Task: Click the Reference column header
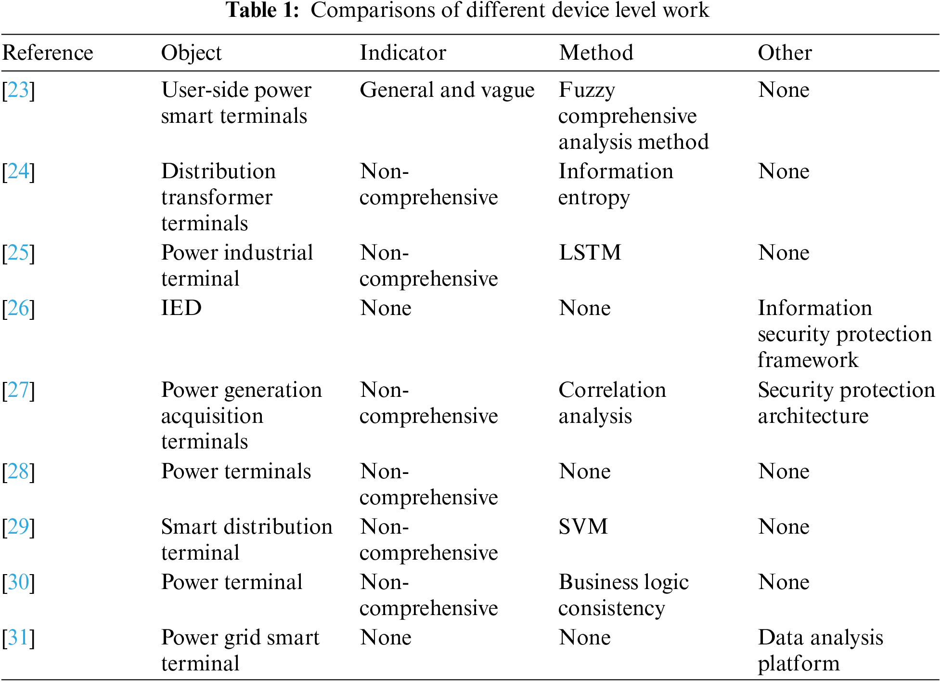[x=48, y=52]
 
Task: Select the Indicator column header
[x=403, y=52]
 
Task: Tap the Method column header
[x=596, y=52]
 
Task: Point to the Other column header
[x=785, y=52]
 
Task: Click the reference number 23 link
[x=18, y=90]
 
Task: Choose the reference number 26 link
[x=18, y=308]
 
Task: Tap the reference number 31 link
[x=18, y=638]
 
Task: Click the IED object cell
[x=181, y=308]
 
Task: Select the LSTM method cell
[x=590, y=253]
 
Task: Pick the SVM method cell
[x=583, y=527]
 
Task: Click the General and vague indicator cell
[x=447, y=90]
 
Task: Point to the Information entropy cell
[x=615, y=184]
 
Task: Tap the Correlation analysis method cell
[x=612, y=403]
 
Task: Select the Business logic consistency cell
[x=623, y=595]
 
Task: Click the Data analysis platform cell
[x=820, y=651]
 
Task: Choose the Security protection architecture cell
[x=846, y=403]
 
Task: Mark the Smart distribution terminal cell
[x=246, y=540]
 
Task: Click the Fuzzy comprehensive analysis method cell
[x=633, y=116]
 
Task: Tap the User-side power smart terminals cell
[x=236, y=103]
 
